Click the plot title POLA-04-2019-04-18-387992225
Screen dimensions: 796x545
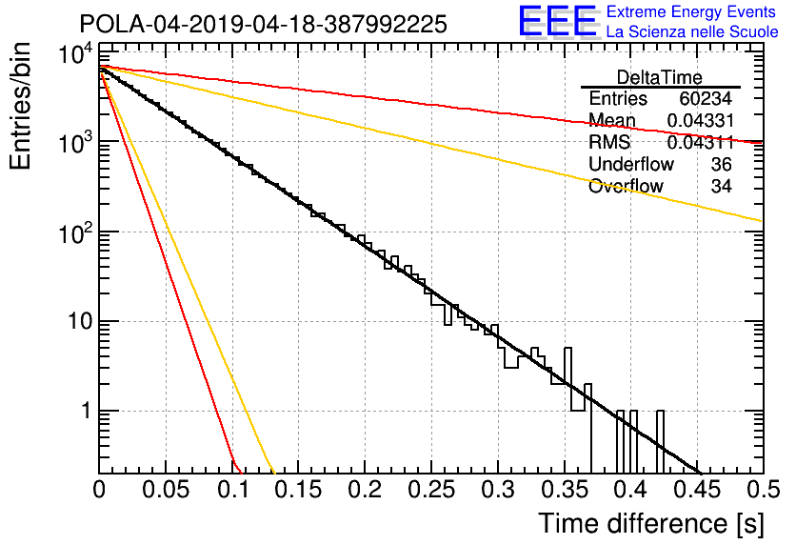[264, 24]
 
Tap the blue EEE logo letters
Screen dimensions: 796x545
[557, 21]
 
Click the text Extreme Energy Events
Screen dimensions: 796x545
[691, 11]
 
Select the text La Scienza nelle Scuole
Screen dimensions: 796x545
[692, 31]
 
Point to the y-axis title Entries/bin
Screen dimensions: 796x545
[20, 107]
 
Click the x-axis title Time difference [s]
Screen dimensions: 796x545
[651, 523]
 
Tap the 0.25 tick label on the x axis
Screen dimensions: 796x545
[431, 490]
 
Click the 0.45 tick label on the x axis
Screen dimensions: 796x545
[697, 490]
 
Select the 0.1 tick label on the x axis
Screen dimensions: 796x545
[233, 490]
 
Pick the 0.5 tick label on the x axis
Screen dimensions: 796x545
[764, 490]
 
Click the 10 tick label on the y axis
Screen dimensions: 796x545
[81, 322]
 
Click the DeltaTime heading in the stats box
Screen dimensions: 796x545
[660, 77]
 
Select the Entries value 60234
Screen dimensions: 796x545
[706, 98]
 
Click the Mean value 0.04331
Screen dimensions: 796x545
[701, 120]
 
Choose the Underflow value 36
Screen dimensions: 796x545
[722, 164]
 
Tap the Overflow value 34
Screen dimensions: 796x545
[722, 187]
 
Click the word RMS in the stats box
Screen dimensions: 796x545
[609, 142]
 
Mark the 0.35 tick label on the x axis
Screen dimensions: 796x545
[564, 490]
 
